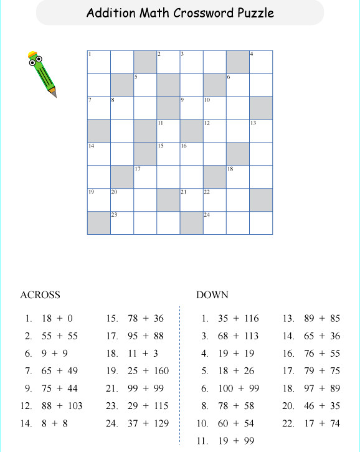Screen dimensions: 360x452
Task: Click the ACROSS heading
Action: [40, 294]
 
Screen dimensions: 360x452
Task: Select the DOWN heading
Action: [212, 294]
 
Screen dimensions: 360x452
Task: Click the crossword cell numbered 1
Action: [99, 62]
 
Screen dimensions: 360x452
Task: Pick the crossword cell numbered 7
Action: [99, 108]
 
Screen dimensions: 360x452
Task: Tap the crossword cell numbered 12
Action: [214, 131]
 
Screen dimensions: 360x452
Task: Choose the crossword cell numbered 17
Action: [145, 177]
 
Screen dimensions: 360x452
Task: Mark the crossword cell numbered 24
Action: [214, 223]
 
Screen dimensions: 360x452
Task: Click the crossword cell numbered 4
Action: [261, 62]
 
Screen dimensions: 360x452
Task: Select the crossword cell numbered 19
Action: [99, 200]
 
